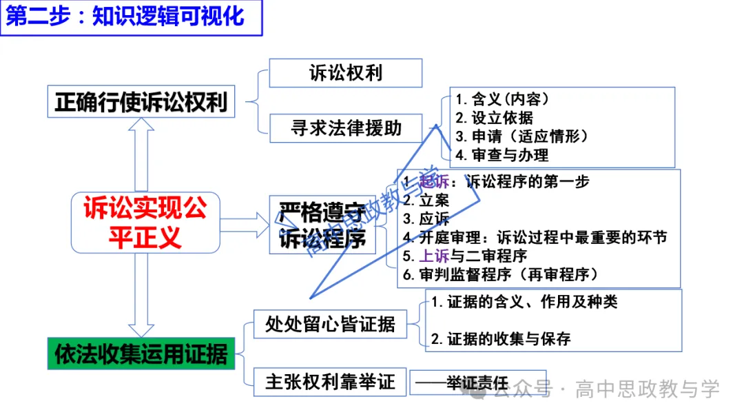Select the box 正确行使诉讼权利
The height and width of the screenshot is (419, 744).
pyautogui.click(x=141, y=103)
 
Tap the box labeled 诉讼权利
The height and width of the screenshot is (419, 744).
pyautogui.click(x=345, y=73)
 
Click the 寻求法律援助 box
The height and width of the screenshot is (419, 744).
pyautogui.click(x=345, y=128)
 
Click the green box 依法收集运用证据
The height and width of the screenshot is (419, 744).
pyautogui.click(x=141, y=354)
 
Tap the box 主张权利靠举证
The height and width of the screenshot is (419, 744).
pyautogui.click(x=330, y=382)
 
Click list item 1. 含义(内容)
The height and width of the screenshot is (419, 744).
pyautogui.click(x=502, y=99)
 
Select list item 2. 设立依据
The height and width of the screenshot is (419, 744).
pyautogui.click(x=494, y=117)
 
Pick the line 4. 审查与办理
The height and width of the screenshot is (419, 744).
pyautogui.click(x=502, y=155)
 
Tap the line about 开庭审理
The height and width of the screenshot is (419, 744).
pyautogui.click(x=535, y=238)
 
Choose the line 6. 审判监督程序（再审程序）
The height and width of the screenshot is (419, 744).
pyautogui.click(x=500, y=274)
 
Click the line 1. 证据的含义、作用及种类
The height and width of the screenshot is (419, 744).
pyautogui.click(x=524, y=301)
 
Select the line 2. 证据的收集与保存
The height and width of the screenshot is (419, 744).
pyautogui.click(x=501, y=338)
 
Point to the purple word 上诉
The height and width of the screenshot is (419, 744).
pyautogui.click(x=435, y=256)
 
